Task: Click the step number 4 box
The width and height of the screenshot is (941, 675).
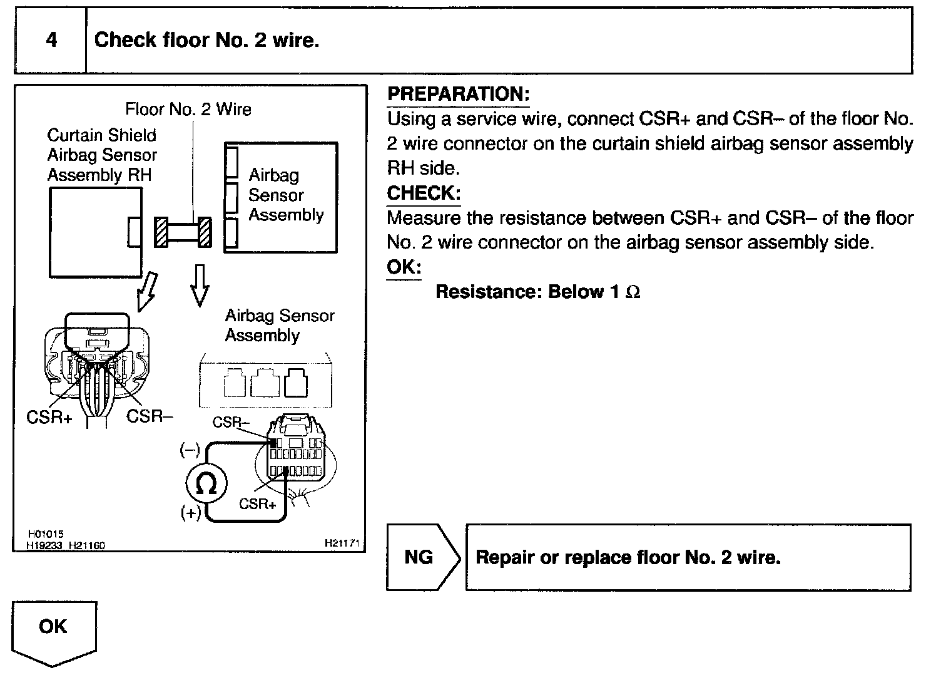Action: pyautogui.click(x=51, y=41)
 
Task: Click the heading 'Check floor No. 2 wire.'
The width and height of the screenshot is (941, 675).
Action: pyautogui.click(x=206, y=41)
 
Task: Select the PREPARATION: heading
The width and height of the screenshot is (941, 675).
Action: pyautogui.click(x=458, y=95)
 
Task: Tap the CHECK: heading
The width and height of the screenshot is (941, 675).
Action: pyautogui.click(x=424, y=193)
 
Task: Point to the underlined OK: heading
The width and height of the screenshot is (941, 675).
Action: pyautogui.click(x=404, y=267)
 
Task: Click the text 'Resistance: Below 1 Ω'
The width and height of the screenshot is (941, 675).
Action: pyautogui.click(x=537, y=292)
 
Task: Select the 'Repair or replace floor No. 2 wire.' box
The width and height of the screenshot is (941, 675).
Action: pyautogui.click(x=688, y=557)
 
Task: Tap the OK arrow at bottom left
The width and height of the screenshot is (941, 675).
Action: pyautogui.click(x=54, y=631)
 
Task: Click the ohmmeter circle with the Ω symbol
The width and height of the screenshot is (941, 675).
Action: pyautogui.click(x=206, y=484)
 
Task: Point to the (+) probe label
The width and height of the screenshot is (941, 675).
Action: pyautogui.click(x=191, y=513)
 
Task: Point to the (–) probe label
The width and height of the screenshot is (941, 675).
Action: pyautogui.click(x=190, y=450)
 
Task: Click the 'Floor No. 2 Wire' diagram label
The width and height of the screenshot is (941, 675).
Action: pyautogui.click(x=188, y=110)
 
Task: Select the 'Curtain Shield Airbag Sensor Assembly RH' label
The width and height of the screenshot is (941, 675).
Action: pyautogui.click(x=101, y=155)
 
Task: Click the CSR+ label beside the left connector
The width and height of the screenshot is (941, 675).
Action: pyautogui.click(x=49, y=417)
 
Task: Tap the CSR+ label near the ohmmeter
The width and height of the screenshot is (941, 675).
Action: pyautogui.click(x=258, y=503)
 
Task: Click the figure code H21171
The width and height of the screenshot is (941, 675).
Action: pyautogui.click(x=342, y=544)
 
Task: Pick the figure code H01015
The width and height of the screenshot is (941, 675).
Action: pyautogui.click(x=46, y=535)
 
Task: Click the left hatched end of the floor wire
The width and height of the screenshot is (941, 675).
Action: pyautogui.click(x=161, y=232)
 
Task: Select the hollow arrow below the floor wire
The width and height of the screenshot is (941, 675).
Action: pyautogui.click(x=199, y=285)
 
